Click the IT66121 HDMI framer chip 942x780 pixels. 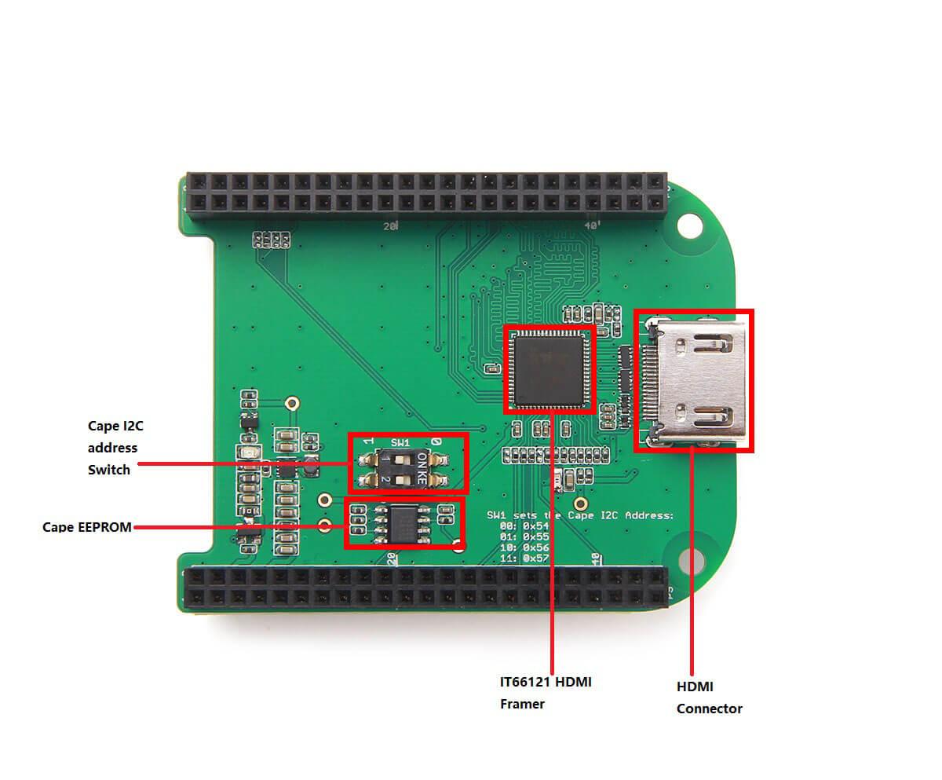click(549, 369)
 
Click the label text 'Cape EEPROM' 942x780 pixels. click(87, 527)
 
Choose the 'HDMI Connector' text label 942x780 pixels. click(709, 698)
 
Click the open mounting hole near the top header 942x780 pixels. click(689, 226)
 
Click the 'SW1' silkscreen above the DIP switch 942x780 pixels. click(400, 443)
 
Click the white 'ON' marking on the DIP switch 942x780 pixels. click(422, 459)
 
